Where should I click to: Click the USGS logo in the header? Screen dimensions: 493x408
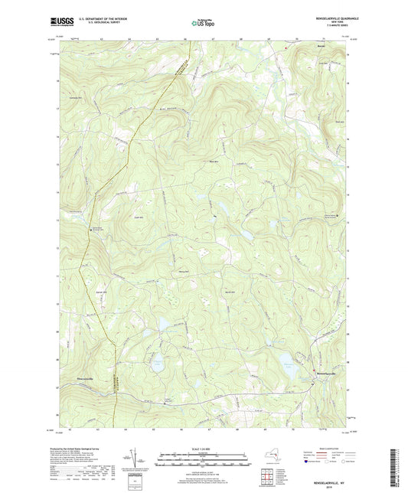tap(59, 22)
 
